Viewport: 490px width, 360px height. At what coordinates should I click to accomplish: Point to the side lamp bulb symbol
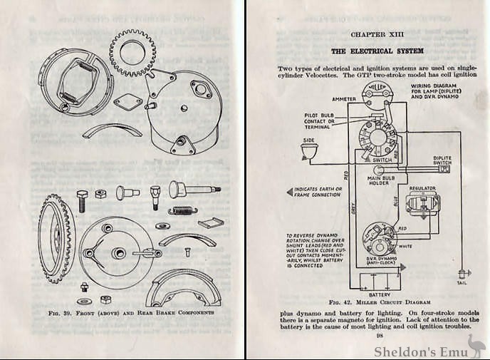[308, 151]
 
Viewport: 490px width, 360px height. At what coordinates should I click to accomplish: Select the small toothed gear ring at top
[132, 51]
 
